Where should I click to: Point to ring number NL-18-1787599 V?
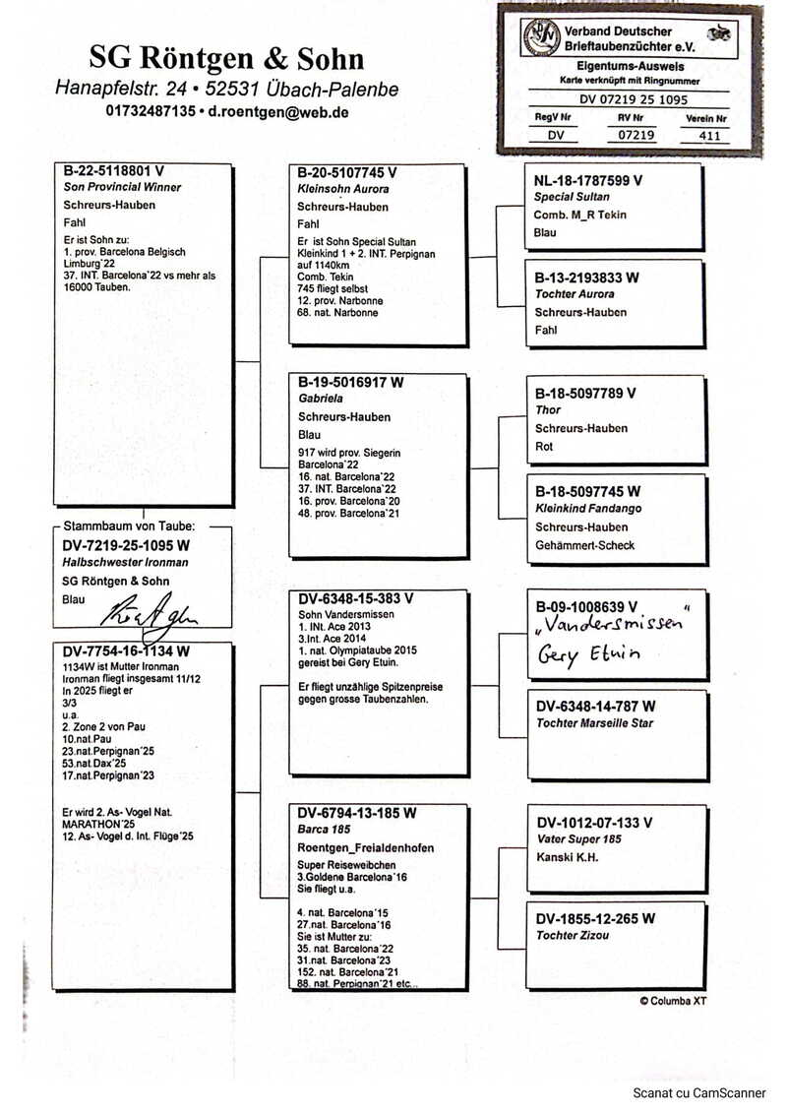coord(588,180)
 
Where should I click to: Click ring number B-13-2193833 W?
coord(587,278)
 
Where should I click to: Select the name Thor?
coord(548,410)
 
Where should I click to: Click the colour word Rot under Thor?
coord(544,446)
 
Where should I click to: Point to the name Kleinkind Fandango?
coord(587,509)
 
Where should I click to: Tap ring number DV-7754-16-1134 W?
coord(126,650)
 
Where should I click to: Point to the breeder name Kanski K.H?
coord(569,857)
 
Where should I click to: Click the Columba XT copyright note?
coord(673,1002)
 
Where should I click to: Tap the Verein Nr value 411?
coord(707,136)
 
